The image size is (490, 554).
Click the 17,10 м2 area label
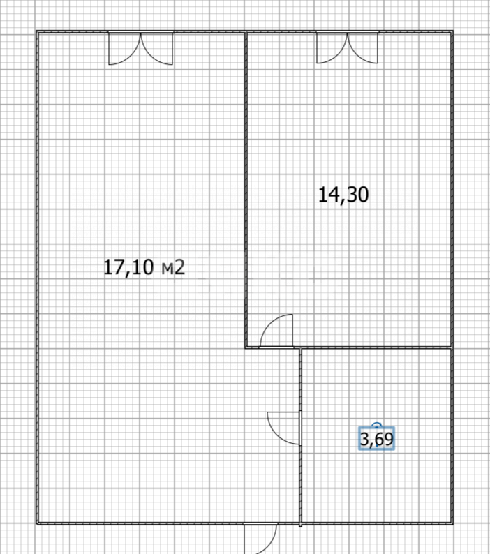(144, 267)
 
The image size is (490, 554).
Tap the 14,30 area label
(343, 195)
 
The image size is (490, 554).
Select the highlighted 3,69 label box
(377, 439)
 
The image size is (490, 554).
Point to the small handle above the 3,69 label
(377, 424)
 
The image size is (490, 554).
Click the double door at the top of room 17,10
(140, 49)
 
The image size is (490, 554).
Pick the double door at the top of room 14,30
(347, 49)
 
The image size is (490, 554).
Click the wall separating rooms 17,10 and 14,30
(246, 188)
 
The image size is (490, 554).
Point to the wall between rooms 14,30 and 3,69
(377, 347)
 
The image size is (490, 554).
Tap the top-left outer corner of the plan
(37, 31)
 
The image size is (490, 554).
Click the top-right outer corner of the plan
(452, 31)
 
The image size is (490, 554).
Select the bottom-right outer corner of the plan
(452, 523)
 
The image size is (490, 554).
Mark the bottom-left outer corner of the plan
(37, 523)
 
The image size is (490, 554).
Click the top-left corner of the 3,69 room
(301, 347)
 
